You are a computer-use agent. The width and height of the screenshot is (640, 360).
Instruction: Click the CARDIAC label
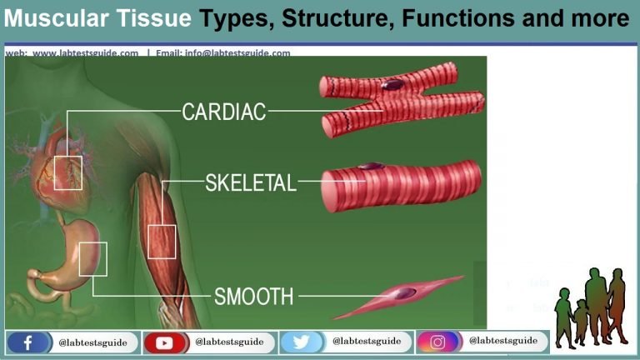tap(224, 112)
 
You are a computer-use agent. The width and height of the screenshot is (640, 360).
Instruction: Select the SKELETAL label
tap(251, 183)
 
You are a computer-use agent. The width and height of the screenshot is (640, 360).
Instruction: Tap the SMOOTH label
tap(254, 296)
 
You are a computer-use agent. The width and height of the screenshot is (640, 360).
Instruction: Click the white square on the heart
tap(68, 172)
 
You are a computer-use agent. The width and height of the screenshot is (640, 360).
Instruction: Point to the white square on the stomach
tap(93, 258)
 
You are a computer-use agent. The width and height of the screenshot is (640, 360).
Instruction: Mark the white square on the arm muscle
tap(162, 242)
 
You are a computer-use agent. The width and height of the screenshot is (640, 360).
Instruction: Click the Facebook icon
tap(27, 342)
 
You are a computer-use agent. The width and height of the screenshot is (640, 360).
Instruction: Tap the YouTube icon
tap(164, 342)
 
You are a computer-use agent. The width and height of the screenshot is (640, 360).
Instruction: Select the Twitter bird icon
tap(301, 342)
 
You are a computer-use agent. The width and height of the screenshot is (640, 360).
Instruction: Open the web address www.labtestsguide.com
tap(86, 52)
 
